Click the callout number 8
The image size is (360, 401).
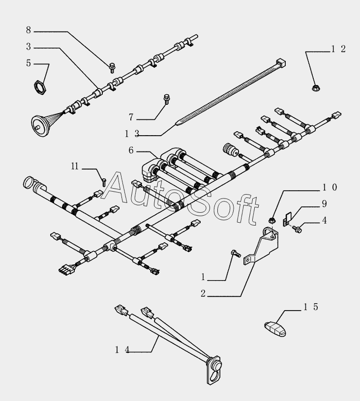click(28, 30)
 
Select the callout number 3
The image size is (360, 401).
click(28, 47)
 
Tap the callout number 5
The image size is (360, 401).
click(28, 63)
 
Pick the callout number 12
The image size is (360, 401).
click(338, 49)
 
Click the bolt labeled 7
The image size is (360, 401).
click(166, 98)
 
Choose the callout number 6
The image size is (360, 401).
click(131, 150)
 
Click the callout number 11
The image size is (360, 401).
click(75, 167)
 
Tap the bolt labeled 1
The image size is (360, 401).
click(235, 254)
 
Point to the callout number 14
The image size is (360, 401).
click(122, 349)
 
